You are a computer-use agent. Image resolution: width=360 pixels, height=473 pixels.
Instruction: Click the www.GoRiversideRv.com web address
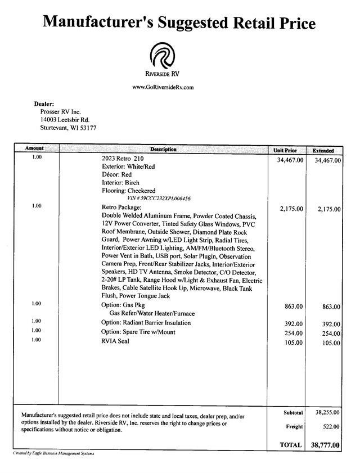163,87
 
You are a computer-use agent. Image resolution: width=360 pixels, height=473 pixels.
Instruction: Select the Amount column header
35,149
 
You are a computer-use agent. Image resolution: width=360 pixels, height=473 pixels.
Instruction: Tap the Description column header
163,150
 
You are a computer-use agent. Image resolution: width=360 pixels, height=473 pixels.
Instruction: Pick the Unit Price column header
285,151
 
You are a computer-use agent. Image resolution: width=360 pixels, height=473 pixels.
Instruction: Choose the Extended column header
323,151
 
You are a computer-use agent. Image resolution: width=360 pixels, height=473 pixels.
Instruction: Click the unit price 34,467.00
290,161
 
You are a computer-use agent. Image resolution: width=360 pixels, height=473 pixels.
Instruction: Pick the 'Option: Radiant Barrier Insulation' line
146,323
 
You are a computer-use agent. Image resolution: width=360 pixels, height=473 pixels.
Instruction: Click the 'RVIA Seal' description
115,341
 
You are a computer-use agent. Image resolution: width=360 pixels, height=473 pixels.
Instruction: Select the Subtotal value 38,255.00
327,412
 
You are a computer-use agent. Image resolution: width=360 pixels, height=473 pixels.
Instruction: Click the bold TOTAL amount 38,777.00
325,445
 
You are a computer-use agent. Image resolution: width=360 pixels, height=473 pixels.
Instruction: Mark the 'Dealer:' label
44,104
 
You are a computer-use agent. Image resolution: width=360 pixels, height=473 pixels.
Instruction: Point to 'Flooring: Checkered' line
128,191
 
